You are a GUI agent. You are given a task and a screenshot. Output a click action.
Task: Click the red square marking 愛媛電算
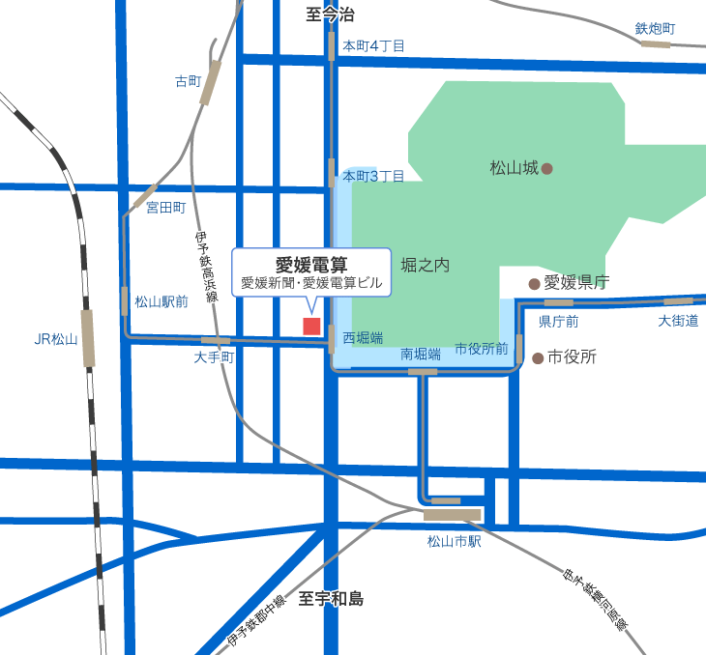tap(311, 326)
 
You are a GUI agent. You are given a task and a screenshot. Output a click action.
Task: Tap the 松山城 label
tap(514, 168)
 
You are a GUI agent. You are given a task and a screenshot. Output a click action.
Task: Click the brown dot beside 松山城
tap(546, 168)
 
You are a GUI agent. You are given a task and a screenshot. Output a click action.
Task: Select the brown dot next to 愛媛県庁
tap(533, 283)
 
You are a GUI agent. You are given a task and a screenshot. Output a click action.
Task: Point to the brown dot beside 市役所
tap(538, 357)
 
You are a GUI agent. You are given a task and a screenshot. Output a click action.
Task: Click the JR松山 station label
tap(55, 339)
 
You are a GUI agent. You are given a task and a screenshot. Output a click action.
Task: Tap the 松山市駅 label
tap(454, 541)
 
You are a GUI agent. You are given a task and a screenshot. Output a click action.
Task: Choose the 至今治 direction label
tap(330, 14)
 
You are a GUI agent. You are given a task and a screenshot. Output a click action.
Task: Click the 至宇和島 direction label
tap(331, 599)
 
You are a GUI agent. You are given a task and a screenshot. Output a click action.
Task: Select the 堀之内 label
tap(426, 265)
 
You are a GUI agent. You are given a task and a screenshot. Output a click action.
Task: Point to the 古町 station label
tap(187, 81)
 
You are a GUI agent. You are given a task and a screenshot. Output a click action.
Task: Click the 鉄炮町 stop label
tap(655, 29)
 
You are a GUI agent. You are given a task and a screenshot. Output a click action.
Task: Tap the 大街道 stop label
tap(678, 321)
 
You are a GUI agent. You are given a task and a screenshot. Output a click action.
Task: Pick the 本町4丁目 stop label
tap(373, 45)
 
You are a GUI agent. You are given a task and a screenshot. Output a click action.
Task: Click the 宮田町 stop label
tap(164, 207)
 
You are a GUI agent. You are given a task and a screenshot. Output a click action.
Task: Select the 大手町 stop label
tap(214, 357)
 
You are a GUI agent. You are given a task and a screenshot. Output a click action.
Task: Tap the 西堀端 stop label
tap(363, 338)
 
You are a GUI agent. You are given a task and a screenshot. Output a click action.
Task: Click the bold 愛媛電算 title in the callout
tap(311, 264)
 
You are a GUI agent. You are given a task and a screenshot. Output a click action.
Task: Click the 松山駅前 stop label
tap(162, 301)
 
